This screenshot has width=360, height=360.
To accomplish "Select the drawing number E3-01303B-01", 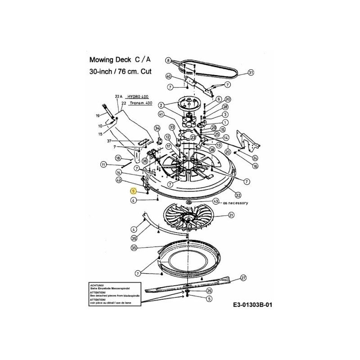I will pyautogui.click(x=253, y=305).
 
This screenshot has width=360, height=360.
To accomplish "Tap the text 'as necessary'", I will pyautogui.click(x=235, y=203).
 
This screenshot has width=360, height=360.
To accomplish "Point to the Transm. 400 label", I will pyautogui.click(x=140, y=103).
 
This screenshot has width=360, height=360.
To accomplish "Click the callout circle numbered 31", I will pyautogui.click(x=251, y=72).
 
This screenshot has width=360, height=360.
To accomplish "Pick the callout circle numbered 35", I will pyautogui.click(x=134, y=248).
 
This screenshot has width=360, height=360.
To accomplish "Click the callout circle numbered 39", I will pyautogui.click(x=134, y=238).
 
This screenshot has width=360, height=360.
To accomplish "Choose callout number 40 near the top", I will pyautogui.click(x=168, y=76).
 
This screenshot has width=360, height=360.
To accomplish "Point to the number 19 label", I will pyautogui.click(x=98, y=116).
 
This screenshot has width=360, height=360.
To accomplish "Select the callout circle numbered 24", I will pyautogui.click(x=255, y=157).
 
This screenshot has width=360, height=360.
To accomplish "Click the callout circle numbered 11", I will pyautogui.click(x=103, y=165).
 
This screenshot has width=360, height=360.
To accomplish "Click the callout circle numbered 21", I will pyautogui.click(x=231, y=216).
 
